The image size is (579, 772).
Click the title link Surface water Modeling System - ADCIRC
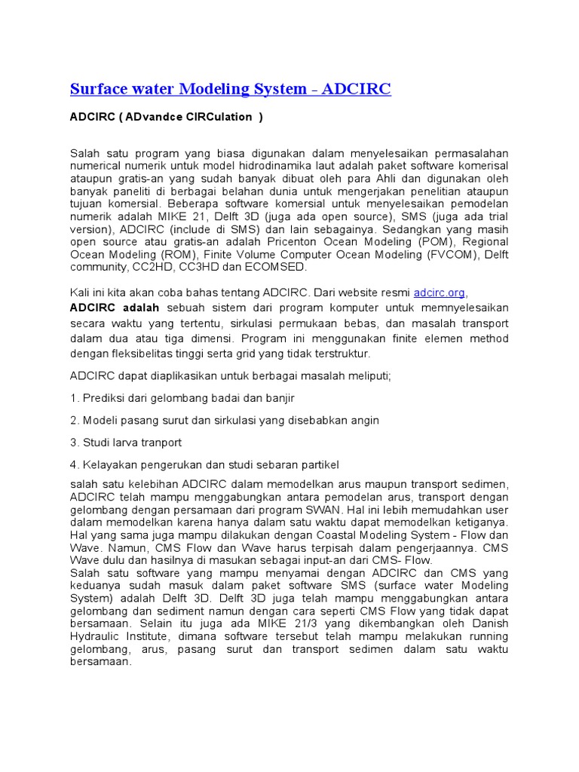pyautogui.click(x=230, y=90)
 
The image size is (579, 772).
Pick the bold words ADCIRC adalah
pyautogui.click(x=115, y=308)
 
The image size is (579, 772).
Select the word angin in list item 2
pyautogui.click(x=363, y=420)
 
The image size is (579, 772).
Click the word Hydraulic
pyautogui.click(x=96, y=637)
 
